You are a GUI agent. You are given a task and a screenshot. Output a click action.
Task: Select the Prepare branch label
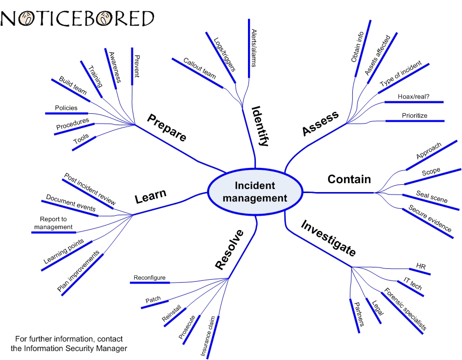pyautogui.click(x=167, y=128)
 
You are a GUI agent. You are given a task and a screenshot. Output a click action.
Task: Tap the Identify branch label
pyautogui.click(x=260, y=126)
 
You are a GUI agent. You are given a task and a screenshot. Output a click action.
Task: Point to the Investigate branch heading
pyautogui.click(x=328, y=238)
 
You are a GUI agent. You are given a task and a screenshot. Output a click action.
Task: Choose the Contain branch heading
pyautogui.click(x=349, y=179)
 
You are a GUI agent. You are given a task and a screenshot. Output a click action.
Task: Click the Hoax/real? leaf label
pyautogui.click(x=413, y=97)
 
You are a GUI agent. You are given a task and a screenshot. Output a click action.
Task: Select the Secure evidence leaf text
pyautogui.click(x=430, y=218)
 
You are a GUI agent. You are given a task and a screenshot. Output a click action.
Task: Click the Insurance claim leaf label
pyautogui.click(x=208, y=336)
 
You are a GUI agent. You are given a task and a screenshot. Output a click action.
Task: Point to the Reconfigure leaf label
pyautogui.click(x=150, y=278)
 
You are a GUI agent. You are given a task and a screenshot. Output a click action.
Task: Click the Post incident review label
pyautogui.click(x=90, y=189)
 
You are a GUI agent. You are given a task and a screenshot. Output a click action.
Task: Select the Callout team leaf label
pyautogui.click(x=199, y=68)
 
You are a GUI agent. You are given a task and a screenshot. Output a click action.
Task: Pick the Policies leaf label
pyautogui.click(x=66, y=108)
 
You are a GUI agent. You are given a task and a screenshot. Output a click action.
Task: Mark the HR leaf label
pyautogui.click(x=421, y=266)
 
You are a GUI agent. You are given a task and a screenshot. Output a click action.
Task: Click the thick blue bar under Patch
pyautogui.click(x=154, y=306)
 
